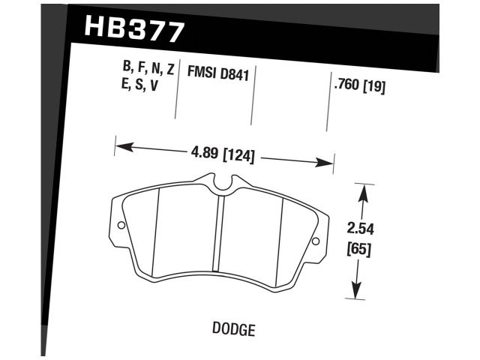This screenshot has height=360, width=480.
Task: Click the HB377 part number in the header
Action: tap(135, 29)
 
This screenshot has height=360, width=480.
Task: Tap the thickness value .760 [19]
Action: tap(358, 85)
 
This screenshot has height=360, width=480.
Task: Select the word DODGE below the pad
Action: tap(234, 328)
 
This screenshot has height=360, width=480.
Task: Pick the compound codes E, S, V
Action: tap(139, 85)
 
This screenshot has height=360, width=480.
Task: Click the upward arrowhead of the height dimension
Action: tap(363, 192)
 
